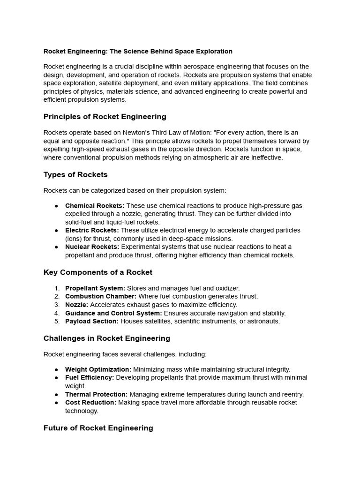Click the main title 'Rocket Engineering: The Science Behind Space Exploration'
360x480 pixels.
click(138, 51)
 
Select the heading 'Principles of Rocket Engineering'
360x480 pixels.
click(105, 117)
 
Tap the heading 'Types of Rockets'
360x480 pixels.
click(75, 175)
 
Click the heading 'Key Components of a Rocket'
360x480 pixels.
click(97, 272)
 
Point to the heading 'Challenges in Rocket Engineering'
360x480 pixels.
click(106, 338)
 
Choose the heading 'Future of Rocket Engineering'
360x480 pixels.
click(98, 428)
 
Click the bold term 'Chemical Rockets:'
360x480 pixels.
click(95, 206)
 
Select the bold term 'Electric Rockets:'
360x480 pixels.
click(92, 230)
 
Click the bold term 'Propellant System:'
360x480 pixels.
click(95, 288)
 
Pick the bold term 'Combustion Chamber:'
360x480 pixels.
click(101, 296)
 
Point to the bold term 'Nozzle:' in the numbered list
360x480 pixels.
click(77, 305)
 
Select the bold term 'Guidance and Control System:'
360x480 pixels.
click(114, 313)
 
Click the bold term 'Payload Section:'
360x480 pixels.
click(92, 322)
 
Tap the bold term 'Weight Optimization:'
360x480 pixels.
click(98, 369)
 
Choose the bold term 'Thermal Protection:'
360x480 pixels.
click(96, 394)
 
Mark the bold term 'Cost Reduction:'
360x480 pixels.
click(90, 403)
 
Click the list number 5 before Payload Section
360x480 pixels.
click(57, 322)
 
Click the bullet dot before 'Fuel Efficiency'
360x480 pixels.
click(57, 378)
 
